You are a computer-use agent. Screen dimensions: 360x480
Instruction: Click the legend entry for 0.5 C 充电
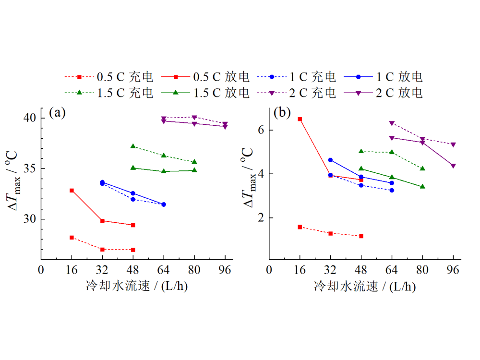click(108, 77)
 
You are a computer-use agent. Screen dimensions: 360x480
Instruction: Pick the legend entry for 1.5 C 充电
click(108, 93)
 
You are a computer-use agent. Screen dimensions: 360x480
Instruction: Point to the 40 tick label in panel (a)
click(30, 118)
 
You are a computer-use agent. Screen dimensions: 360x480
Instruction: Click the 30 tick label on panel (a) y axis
click(30, 219)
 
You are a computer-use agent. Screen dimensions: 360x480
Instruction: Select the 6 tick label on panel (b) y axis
click(263, 130)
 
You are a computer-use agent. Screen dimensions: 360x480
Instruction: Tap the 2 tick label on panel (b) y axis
click(263, 217)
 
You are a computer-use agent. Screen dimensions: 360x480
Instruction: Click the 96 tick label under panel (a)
click(225, 269)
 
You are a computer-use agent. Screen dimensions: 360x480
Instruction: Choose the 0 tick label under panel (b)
click(269, 269)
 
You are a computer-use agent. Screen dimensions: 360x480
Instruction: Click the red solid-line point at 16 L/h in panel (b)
click(300, 119)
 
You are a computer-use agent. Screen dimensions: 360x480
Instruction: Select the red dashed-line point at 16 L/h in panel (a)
click(72, 238)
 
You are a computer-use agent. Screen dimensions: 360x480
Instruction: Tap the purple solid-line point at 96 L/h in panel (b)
click(454, 166)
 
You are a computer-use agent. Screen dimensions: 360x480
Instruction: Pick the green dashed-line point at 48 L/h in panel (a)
click(133, 146)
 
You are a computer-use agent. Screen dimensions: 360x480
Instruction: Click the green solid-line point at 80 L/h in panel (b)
click(423, 186)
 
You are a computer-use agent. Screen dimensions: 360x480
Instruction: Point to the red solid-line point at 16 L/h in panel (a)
click(72, 191)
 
